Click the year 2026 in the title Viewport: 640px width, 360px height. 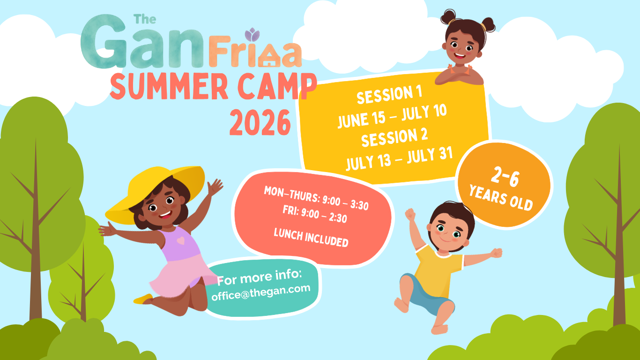click(260, 123)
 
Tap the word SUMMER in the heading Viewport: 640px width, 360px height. click(169, 86)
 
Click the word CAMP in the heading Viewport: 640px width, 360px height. click(277, 86)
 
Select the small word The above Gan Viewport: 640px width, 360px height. click(145, 19)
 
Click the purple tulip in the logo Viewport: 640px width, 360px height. click(252, 35)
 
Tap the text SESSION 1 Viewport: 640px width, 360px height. click(389, 94)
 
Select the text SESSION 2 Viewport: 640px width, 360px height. click(394, 137)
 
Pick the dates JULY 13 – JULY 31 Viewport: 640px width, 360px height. click(399, 159)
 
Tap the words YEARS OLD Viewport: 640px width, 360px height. click(501, 198)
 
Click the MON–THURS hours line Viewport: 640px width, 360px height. click(316, 198)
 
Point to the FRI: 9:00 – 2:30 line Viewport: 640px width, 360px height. click(315, 214)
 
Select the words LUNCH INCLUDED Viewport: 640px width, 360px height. click(311, 238)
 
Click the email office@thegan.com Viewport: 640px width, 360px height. click(261, 292)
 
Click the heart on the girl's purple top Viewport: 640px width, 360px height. click(180, 241)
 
